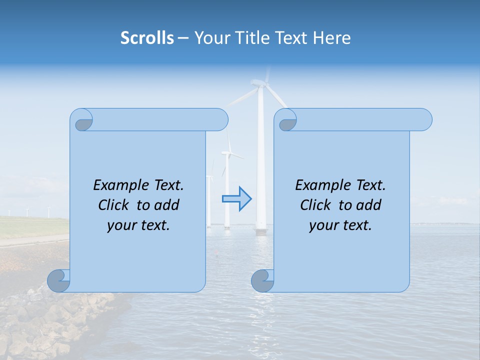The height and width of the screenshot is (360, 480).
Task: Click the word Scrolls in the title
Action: [147, 38]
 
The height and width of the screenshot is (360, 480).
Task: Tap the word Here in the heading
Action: [331, 38]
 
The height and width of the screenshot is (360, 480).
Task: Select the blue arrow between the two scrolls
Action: [237, 199]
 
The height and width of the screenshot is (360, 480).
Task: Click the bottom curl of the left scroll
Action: [59, 280]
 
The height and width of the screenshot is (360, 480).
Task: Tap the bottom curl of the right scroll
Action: [262, 280]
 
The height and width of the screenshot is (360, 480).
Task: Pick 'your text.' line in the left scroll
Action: [138, 225]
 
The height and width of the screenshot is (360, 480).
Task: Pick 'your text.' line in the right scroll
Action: [340, 225]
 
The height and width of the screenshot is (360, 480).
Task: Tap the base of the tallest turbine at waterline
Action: [260, 231]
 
